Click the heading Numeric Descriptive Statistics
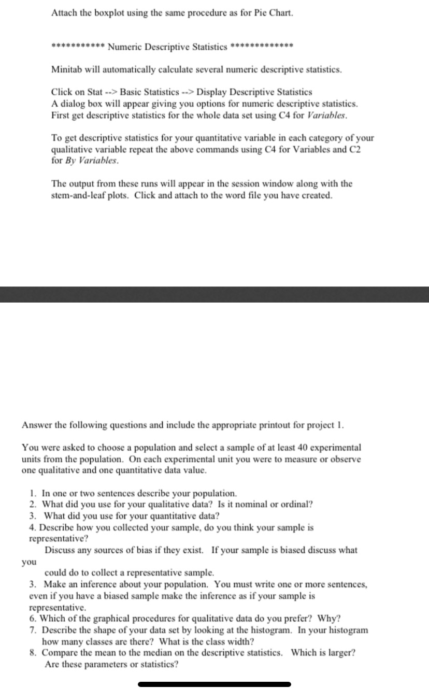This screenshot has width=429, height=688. click(x=168, y=48)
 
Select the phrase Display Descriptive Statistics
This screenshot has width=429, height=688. click(x=254, y=92)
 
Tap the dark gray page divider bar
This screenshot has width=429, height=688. click(x=214, y=294)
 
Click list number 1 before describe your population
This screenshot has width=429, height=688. click(x=33, y=493)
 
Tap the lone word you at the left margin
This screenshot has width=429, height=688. click(x=28, y=561)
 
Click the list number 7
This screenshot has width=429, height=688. click(x=33, y=630)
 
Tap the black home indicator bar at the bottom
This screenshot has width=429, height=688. click(x=214, y=684)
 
